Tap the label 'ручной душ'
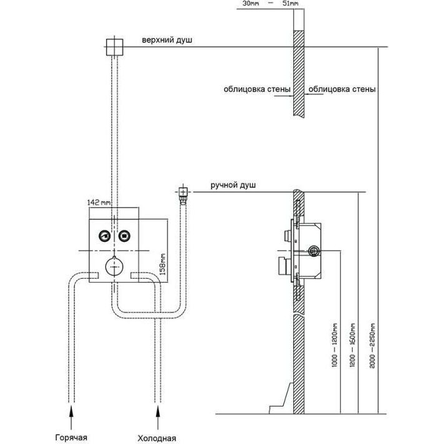[x=233, y=186]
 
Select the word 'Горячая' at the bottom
[x=71, y=437]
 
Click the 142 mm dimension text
[x=100, y=203]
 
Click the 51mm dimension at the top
[x=290, y=5]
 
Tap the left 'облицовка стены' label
[x=257, y=89]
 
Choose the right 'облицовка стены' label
[x=342, y=89]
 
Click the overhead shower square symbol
[x=113, y=46]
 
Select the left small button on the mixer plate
[x=103, y=236]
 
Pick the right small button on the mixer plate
[x=124, y=236]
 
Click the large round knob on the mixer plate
[x=113, y=266]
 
